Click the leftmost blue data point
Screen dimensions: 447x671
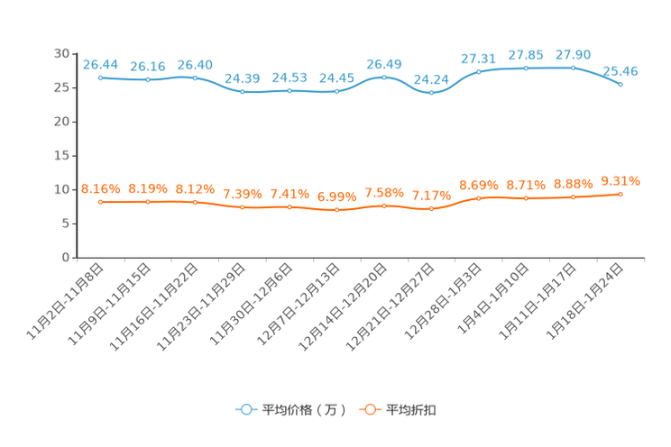click(100, 78)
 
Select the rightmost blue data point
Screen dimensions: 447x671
click(620, 84)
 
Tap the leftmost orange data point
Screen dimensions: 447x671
click(100, 201)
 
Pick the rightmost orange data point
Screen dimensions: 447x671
click(620, 194)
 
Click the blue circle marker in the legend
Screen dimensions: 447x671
click(244, 409)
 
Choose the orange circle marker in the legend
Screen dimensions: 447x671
click(369, 409)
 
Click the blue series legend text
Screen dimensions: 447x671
click(303, 410)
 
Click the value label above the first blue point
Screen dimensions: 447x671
click(100, 63)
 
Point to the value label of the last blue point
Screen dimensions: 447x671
click(620, 70)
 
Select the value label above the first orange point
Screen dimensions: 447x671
click(100, 187)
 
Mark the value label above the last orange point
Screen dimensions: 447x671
click(620, 181)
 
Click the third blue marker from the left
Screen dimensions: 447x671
click(195, 78)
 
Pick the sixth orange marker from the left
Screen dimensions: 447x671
click(336, 209)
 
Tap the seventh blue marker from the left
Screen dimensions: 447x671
click(384, 77)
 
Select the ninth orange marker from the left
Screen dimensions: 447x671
click(478, 198)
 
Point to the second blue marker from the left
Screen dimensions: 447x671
click(148, 80)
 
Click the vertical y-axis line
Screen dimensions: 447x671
click(76, 153)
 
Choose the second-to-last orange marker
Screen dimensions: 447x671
click(573, 196)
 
